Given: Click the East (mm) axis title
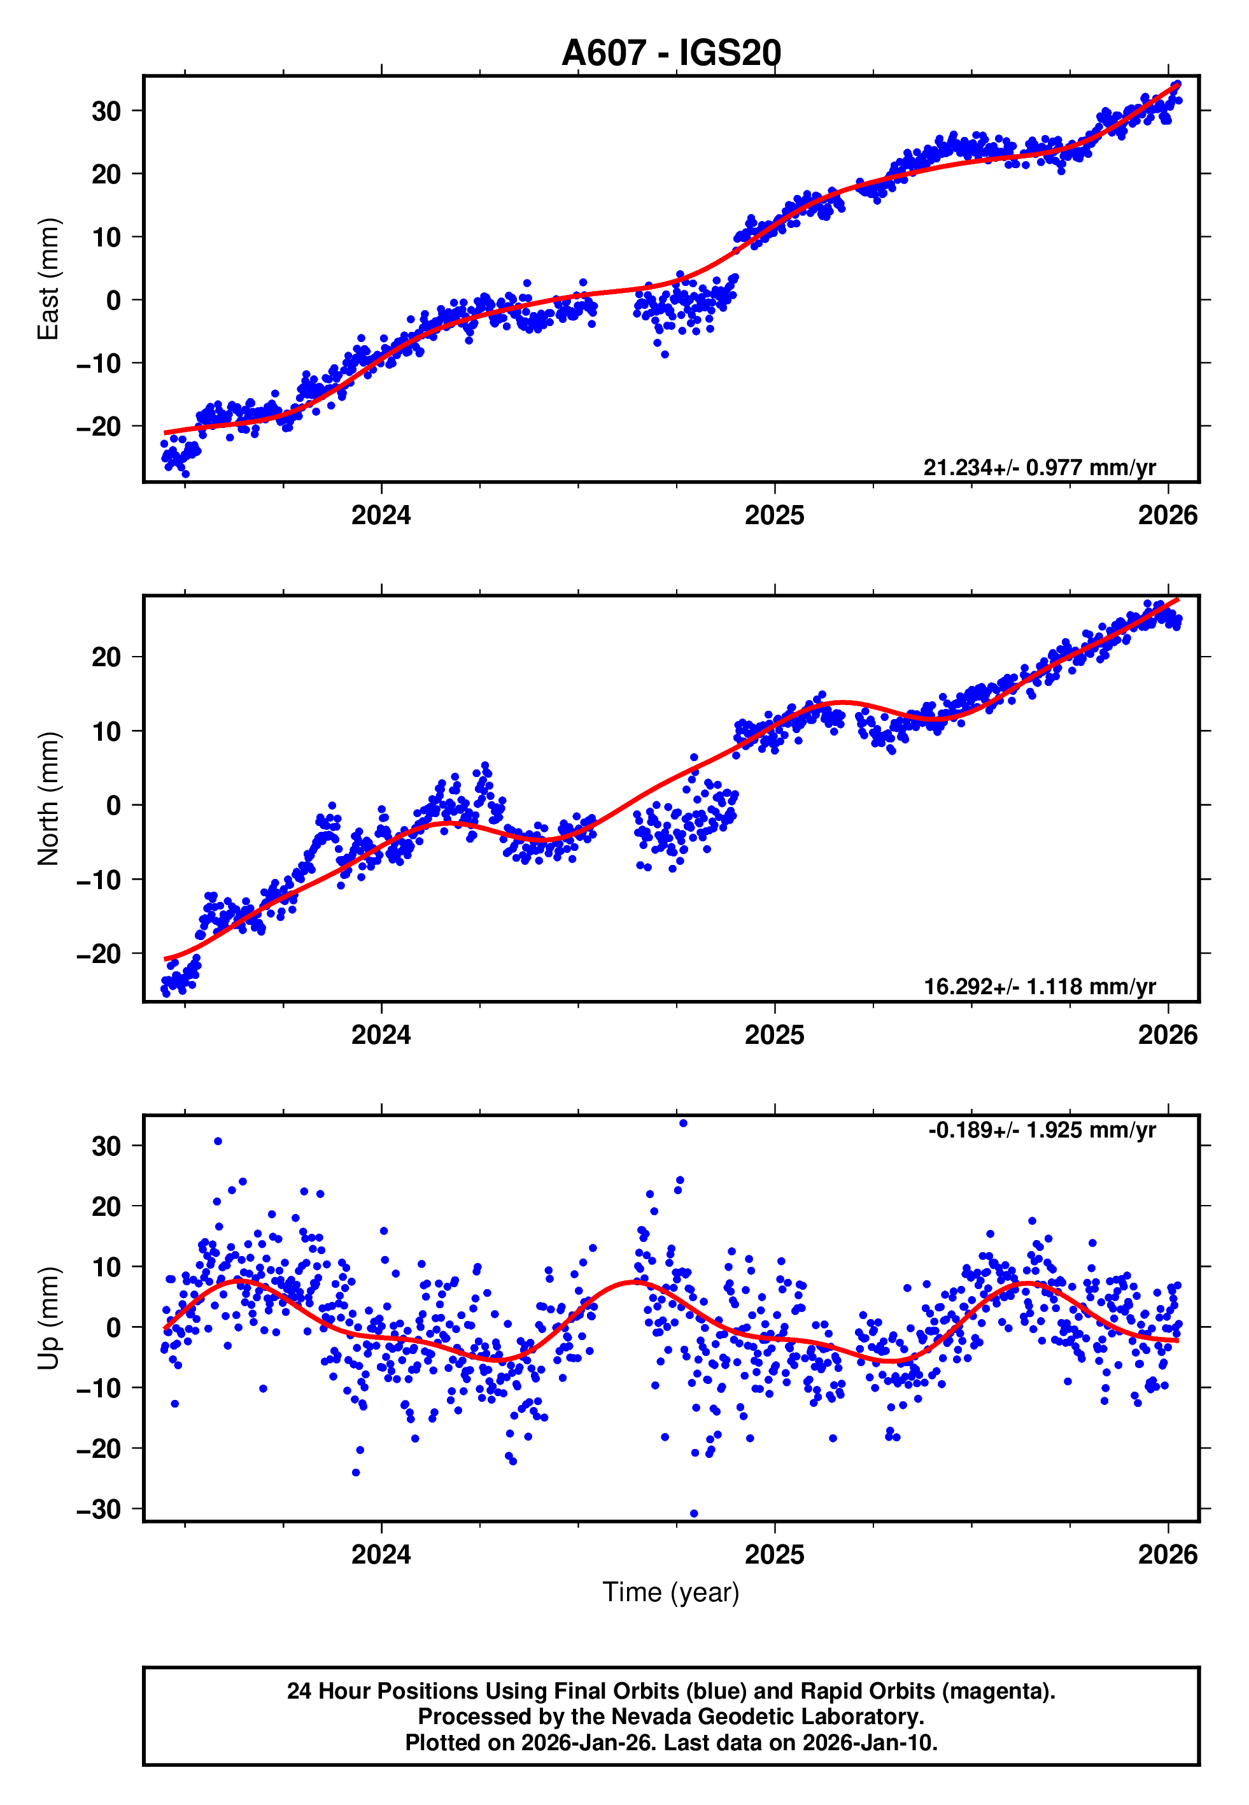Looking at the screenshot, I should point(48,279).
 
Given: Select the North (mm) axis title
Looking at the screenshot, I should point(48,799).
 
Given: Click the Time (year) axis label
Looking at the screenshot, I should point(671,1592).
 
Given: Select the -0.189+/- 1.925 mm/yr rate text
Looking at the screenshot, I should point(1041,1131).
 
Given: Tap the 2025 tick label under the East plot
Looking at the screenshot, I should point(774,515).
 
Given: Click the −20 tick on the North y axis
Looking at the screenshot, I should point(99,954).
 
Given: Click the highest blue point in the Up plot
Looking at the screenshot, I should point(683,1124).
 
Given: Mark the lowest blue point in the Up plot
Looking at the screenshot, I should point(694,1514).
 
